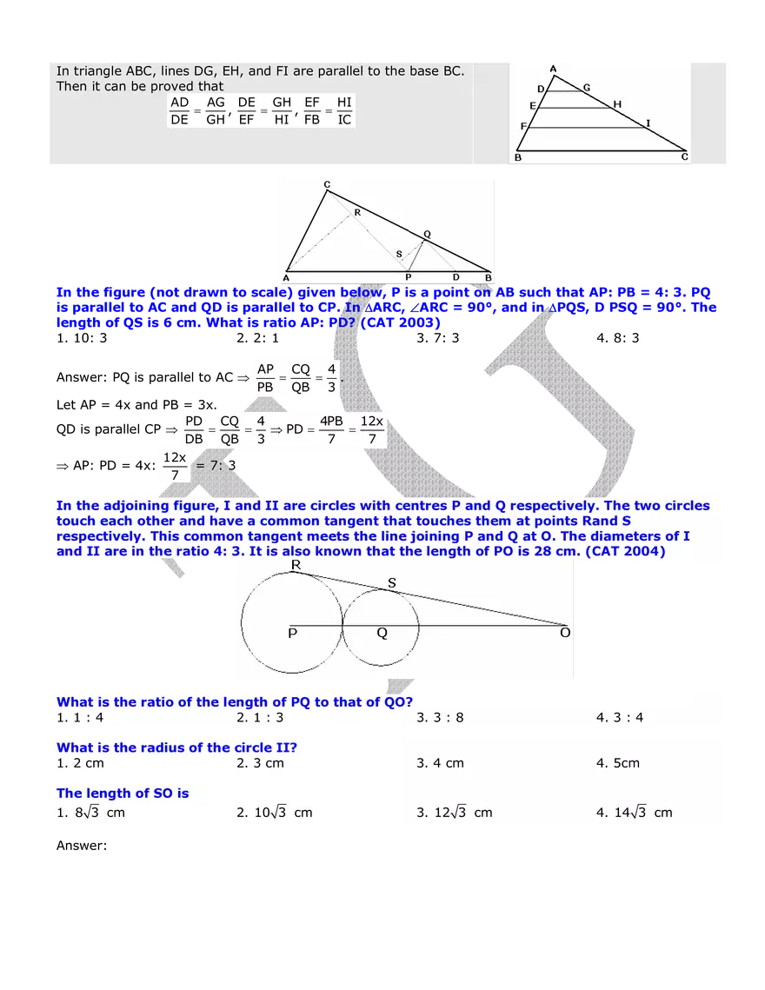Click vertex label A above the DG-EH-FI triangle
pyautogui.click(x=553, y=69)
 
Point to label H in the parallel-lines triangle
pyautogui.click(x=617, y=104)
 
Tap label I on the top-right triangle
pyautogui.click(x=648, y=124)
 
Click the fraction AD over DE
pyautogui.click(x=180, y=111)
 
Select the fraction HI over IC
pyautogui.click(x=344, y=111)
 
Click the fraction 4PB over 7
pyautogui.click(x=330, y=429)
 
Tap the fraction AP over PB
pyautogui.click(x=265, y=378)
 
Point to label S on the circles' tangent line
pyautogui.click(x=391, y=583)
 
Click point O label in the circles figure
pyautogui.click(x=565, y=634)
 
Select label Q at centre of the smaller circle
pyautogui.click(x=382, y=634)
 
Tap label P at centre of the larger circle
pyautogui.click(x=293, y=634)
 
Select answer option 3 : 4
pyautogui.click(x=620, y=718)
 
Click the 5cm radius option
pyautogui.click(x=618, y=763)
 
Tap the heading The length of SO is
pyautogui.click(x=123, y=793)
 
